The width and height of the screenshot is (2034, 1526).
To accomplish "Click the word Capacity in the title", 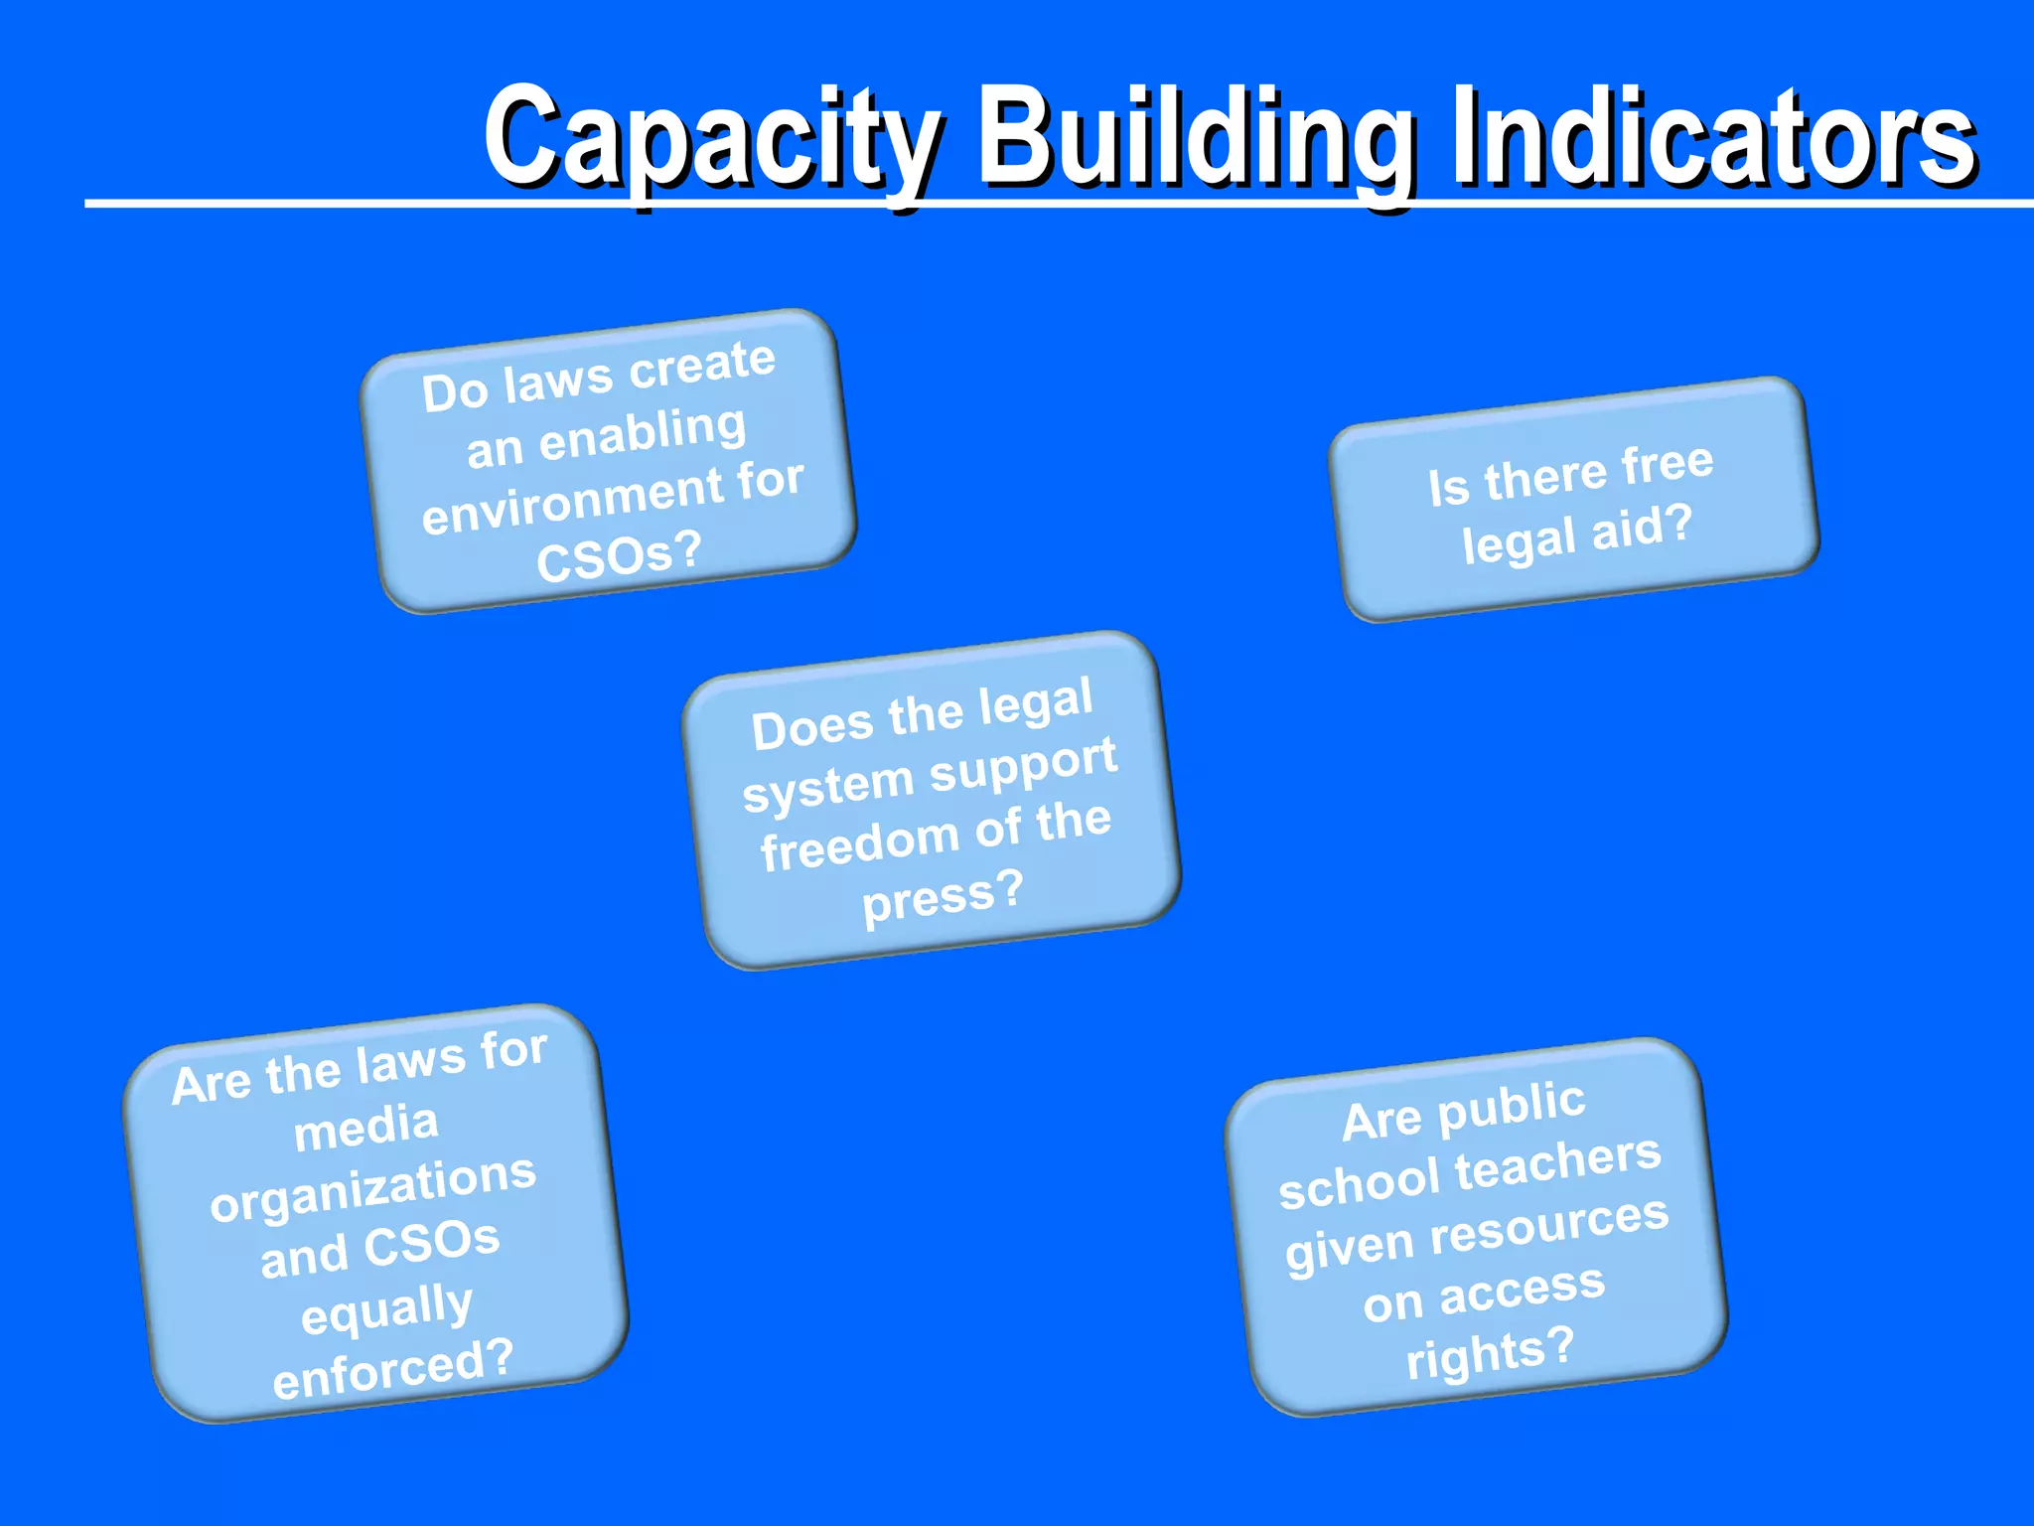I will (x=711, y=139).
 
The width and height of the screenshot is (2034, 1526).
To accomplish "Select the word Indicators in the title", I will (x=1713, y=139).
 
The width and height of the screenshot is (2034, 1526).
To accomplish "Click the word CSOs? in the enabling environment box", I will (x=619, y=557).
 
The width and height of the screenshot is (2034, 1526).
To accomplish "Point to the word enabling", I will (x=643, y=435).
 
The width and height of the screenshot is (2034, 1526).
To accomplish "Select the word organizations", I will (x=373, y=1188).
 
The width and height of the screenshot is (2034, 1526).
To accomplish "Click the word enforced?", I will (x=392, y=1369).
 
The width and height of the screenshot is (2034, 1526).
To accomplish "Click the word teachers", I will (x=1558, y=1164).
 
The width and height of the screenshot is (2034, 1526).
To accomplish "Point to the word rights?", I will (x=1490, y=1353).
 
